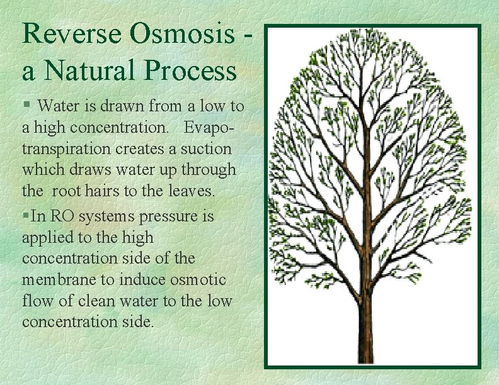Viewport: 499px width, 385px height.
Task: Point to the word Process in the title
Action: tap(190, 70)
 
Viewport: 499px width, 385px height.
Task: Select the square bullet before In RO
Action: tap(25, 216)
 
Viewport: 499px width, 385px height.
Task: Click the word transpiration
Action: tap(62, 150)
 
